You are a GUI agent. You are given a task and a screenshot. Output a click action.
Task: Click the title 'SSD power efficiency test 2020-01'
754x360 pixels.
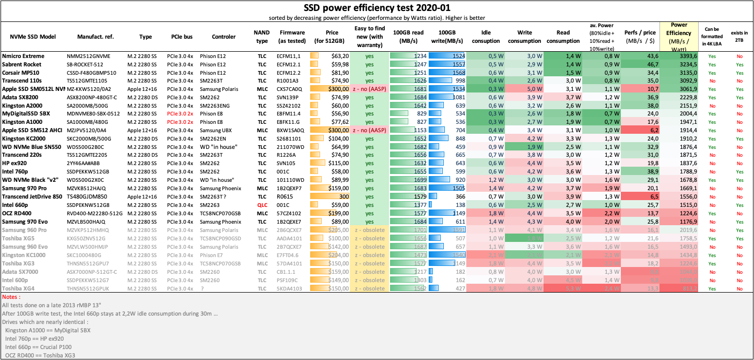click(377, 7)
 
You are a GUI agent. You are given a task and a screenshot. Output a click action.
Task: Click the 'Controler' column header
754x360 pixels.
click(223, 37)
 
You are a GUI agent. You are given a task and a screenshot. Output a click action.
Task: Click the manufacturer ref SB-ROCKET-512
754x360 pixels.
click(88, 64)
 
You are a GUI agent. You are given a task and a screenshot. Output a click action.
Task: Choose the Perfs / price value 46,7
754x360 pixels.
click(637, 64)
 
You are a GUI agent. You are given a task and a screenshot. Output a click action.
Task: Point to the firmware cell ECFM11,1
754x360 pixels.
click(288, 56)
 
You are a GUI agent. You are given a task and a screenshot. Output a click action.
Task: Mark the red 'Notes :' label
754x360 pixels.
click(11, 296)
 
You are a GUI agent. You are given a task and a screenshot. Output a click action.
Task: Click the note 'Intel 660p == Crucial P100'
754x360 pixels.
click(39, 346)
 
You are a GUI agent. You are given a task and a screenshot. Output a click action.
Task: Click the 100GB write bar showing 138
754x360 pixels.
click(447, 205)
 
